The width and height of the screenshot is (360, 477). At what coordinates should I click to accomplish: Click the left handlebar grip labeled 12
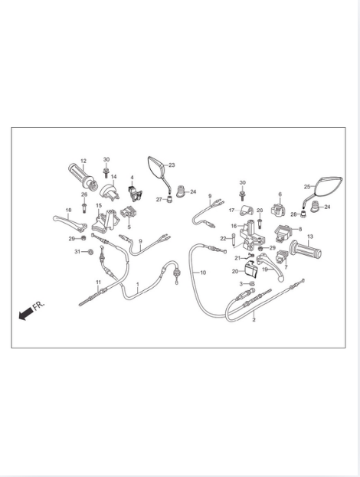[x=83, y=175]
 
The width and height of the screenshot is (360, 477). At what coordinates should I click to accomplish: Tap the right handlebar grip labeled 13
[x=306, y=250]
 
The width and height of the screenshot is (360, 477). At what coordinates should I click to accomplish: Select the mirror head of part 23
[x=157, y=168]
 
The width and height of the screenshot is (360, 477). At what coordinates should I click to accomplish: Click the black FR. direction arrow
[x=26, y=314]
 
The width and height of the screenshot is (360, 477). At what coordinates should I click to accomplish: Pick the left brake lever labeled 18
[x=70, y=222]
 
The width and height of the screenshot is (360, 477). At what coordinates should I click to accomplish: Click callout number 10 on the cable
[x=203, y=273]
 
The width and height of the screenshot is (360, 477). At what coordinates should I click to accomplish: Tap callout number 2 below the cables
[x=254, y=320]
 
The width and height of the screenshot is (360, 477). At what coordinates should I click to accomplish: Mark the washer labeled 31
[x=90, y=252]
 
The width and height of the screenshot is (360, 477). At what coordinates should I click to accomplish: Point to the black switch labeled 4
[x=135, y=194]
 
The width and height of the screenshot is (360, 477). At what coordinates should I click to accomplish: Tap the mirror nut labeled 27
[x=169, y=200]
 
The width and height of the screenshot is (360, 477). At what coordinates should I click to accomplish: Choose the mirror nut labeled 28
[x=303, y=214]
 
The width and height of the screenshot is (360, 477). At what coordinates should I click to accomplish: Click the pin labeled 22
[x=234, y=239]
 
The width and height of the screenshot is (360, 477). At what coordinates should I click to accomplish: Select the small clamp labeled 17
[x=247, y=211]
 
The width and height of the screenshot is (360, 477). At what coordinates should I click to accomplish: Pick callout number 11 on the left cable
[x=98, y=283]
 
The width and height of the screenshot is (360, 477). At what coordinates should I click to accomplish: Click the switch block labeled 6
[x=279, y=210]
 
